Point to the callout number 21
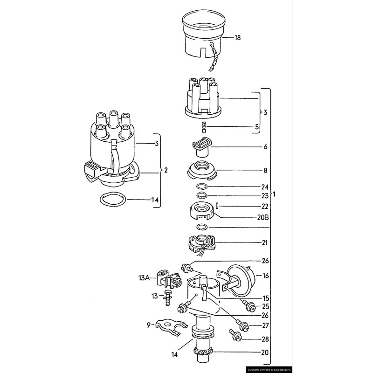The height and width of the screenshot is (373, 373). (265, 242)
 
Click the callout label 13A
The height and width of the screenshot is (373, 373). (144, 278)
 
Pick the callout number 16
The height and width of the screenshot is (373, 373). (265, 276)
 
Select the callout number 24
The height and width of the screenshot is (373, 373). (265, 186)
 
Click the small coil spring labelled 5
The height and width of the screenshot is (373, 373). (203, 126)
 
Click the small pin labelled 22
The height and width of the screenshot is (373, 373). (217, 206)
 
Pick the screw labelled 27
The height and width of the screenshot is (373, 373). (241, 324)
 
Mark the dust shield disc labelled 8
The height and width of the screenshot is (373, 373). (202, 170)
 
